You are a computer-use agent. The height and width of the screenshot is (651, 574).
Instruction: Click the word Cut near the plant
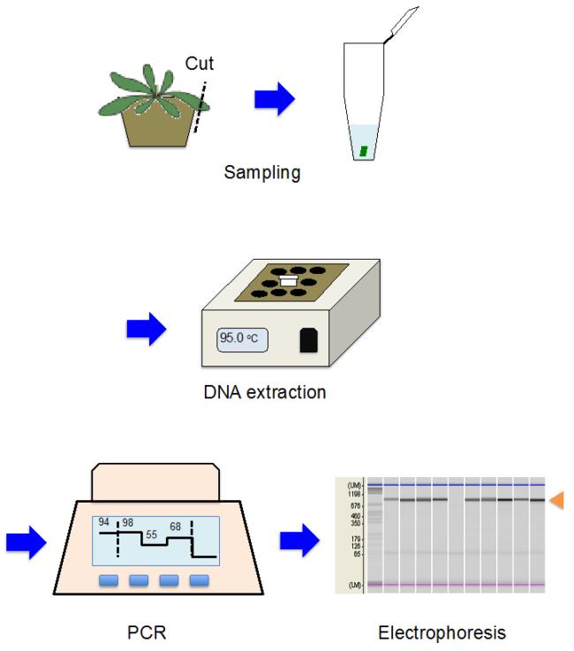coord(200,64)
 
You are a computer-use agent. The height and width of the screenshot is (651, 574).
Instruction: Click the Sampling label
coord(262,172)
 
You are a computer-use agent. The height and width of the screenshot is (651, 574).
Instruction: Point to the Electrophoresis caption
coord(442,632)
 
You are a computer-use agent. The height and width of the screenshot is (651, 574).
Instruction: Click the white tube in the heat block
coord(288,280)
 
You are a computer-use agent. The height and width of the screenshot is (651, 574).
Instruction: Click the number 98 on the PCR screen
coord(129,524)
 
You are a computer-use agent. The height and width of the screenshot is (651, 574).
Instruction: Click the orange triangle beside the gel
coord(556,502)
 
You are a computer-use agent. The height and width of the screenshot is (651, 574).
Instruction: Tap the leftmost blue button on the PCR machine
coord(109,580)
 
